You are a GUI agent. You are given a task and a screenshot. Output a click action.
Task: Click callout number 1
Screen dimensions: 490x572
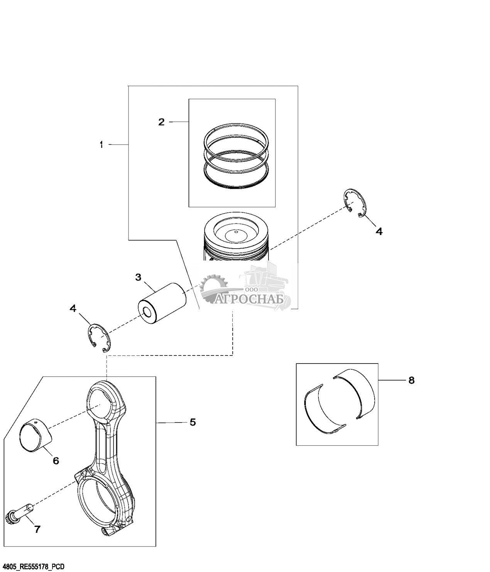coord(101,144)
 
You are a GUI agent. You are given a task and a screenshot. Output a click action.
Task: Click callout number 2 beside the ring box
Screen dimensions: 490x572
coord(161,122)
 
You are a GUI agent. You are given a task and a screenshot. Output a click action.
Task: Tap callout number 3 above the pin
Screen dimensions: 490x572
coord(138,277)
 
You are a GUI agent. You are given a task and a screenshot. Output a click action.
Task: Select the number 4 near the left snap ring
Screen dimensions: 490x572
coord(73,308)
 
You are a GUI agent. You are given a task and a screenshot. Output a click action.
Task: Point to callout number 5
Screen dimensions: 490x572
coord(193,422)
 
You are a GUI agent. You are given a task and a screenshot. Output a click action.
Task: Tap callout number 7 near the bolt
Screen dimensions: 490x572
coord(37,530)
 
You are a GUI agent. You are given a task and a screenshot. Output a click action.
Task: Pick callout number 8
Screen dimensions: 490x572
coord(411,381)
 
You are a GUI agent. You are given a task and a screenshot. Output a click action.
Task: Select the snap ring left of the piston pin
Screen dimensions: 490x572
coord(99,338)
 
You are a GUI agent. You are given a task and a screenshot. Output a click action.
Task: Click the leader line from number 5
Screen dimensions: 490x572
coord(170,423)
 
